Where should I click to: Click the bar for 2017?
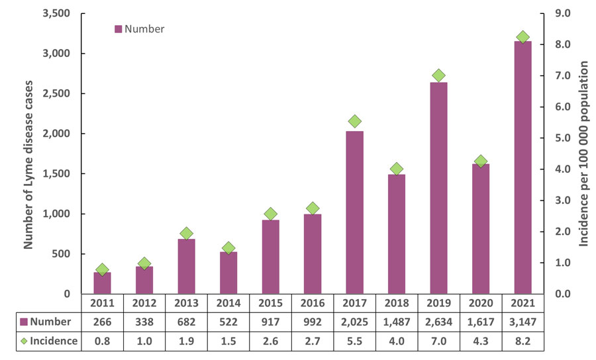pos(354,212)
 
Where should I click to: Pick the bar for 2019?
pos(438,188)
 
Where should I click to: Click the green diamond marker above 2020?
pos(481,161)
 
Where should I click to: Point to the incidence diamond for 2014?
pos(228,248)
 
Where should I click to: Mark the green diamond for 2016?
pos(313,208)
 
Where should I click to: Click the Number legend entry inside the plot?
pos(140,29)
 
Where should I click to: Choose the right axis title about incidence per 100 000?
pos(585,154)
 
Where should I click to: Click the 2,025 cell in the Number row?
pos(354,322)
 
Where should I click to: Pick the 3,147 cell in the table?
pos(522,322)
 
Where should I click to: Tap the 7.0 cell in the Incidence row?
pos(438,341)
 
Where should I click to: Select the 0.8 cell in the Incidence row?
pos(102,341)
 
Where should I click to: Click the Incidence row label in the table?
pos(48,341)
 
